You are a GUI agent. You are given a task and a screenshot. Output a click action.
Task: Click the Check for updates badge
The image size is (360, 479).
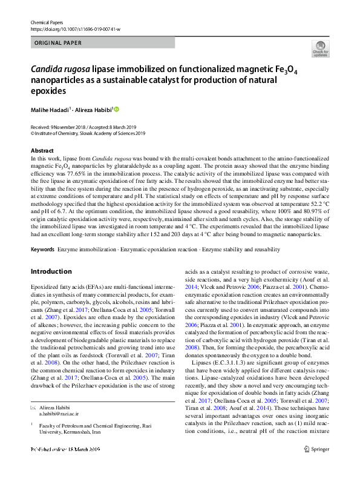coord(320,48)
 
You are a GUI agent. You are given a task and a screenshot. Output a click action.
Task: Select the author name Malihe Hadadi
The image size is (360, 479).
coord(50,110)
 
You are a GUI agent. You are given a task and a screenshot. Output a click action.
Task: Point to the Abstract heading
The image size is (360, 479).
coord(42,150)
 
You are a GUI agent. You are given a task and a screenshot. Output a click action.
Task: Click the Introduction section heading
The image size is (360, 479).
coord(52,271)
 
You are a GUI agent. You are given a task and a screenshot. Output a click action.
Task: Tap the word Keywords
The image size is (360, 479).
coord(42,249)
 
